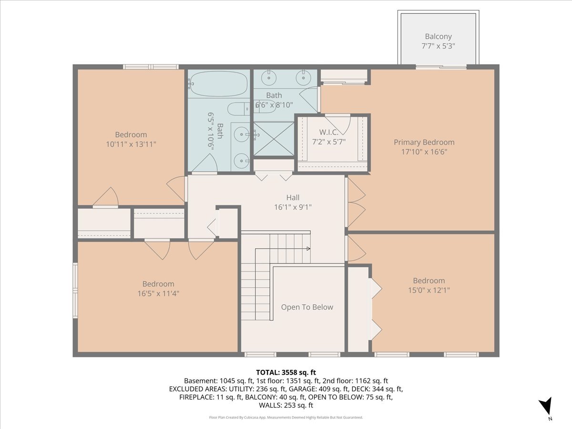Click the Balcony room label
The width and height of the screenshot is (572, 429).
click(439, 37)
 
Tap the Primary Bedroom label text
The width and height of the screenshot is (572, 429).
click(424, 142)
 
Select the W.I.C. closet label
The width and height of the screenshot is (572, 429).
click(329, 132)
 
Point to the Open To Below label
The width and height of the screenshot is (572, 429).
click(307, 307)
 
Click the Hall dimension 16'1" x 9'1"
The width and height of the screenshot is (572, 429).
click(293, 207)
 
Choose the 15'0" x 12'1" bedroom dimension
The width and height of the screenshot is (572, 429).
click(429, 290)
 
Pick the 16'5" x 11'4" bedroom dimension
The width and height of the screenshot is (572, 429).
click(158, 294)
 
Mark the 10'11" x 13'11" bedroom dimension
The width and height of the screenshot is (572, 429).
click(131, 144)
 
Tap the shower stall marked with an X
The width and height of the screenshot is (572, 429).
click(274, 139)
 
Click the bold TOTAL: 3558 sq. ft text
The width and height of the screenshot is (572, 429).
click(286, 372)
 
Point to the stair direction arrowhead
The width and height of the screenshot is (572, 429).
click(308, 248)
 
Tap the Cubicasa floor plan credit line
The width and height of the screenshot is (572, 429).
click(286, 418)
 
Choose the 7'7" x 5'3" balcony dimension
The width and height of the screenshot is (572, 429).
click(439, 46)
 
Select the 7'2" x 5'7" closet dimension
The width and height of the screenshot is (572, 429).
click(329, 142)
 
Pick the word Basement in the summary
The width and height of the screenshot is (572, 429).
click(200, 381)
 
